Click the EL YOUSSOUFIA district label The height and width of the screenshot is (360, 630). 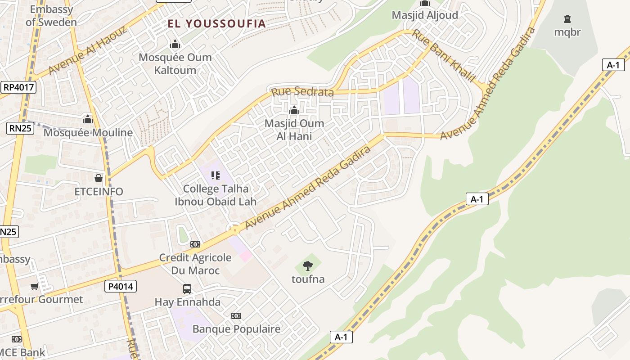[x=217, y=24]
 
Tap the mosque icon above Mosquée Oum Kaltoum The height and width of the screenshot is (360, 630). [x=175, y=44]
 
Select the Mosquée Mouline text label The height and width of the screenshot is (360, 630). [x=88, y=133]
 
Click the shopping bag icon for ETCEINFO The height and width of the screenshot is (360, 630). [x=99, y=178]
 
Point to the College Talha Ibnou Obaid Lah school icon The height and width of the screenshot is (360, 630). [x=216, y=175]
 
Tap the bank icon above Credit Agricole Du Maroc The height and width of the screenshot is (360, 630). [x=195, y=244]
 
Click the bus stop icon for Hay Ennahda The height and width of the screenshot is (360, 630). [x=187, y=288]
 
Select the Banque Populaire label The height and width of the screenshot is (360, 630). [x=236, y=329]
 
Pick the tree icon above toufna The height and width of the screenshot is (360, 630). [x=308, y=265]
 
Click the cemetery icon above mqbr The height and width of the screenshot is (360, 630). [x=567, y=19]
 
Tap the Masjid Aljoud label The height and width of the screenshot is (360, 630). [x=425, y=15]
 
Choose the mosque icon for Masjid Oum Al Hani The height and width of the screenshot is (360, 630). [x=294, y=110]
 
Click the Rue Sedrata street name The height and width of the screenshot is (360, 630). [x=302, y=92]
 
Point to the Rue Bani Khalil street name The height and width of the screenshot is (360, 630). [x=444, y=56]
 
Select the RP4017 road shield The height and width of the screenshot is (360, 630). [x=18, y=87]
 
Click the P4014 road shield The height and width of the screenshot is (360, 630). [x=121, y=286]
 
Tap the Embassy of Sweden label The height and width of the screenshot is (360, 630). [x=51, y=16]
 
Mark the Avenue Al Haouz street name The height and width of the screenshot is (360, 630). [x=87, y=50]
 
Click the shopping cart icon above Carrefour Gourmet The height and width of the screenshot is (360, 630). [x=34, y=286]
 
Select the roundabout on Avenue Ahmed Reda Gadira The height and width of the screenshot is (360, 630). [x=234, y=229]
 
